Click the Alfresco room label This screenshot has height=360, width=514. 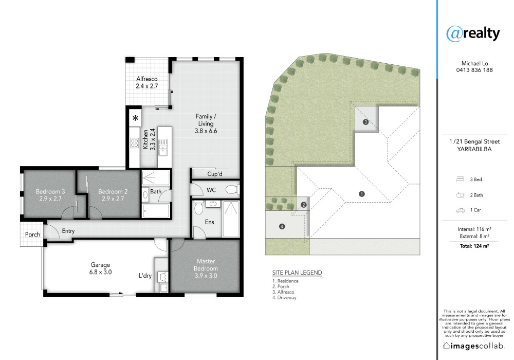147,79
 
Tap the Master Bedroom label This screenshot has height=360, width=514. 206,265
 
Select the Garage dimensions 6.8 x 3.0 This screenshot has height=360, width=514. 100,272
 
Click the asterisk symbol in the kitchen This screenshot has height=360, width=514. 135,118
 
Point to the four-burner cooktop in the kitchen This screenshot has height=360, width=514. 134,142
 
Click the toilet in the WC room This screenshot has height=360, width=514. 232,189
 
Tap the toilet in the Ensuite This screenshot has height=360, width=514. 198,208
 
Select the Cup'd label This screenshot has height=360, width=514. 215,174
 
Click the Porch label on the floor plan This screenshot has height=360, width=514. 32,235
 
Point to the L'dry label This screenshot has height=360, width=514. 145,276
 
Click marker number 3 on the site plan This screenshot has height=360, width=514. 366,122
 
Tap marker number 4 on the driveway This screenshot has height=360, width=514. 282,226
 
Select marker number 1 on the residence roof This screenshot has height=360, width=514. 361,194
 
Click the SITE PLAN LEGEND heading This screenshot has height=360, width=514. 297,273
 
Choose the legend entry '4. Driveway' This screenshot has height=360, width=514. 284,298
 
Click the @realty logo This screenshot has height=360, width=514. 473,33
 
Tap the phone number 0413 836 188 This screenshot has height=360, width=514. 474,70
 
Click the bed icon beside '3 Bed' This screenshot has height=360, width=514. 460,179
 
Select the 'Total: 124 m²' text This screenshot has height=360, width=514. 474,246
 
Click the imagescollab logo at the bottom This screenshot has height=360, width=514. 474,346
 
